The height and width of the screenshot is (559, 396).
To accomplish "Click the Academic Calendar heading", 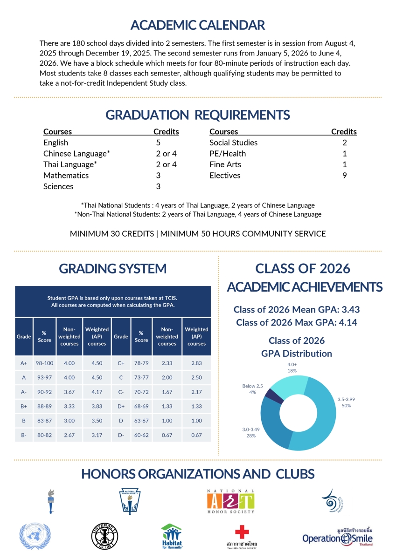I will coord(198,25).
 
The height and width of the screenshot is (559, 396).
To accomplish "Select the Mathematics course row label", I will coord(66,176).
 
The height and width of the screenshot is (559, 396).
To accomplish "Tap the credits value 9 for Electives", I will coord(344,176).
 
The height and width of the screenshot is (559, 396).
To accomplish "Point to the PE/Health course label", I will coord(228,154).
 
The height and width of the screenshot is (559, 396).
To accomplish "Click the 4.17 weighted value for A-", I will coord(97,392).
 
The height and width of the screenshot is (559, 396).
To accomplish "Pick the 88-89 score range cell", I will coord(44,407).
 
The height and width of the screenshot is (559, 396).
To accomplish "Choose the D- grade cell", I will coord(121,435).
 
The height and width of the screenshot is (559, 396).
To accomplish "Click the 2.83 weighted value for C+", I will coord(196,363).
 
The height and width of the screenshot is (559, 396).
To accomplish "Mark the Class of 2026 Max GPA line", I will coord(297,322).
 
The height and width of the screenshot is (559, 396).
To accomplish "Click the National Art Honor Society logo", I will coord(231,501).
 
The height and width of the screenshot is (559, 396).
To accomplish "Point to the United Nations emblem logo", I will coord(35,537).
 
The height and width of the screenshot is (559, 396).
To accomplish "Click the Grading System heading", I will coord(112,268).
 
